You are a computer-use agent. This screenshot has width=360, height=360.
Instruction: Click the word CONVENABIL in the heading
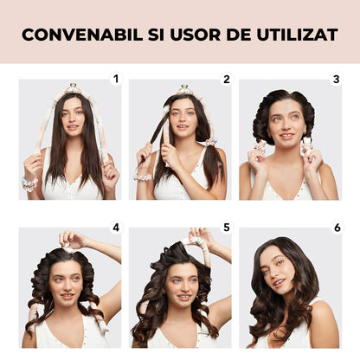82,35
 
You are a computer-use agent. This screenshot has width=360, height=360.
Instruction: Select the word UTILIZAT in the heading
298,35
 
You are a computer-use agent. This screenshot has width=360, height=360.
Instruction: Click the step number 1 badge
116,79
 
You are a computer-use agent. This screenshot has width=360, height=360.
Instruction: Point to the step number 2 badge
227,79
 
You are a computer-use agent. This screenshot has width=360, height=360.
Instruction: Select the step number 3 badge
337,79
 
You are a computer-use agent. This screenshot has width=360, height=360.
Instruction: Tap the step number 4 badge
116,228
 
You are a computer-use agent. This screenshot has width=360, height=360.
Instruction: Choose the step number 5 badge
227,228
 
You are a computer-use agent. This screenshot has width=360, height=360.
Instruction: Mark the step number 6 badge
337,228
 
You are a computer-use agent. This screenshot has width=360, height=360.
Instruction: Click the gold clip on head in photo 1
72,87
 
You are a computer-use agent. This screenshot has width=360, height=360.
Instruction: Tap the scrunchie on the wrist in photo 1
29,184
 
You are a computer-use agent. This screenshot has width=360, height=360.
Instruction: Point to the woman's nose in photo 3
284,125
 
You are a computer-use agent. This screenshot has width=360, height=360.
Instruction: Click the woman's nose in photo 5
180,288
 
